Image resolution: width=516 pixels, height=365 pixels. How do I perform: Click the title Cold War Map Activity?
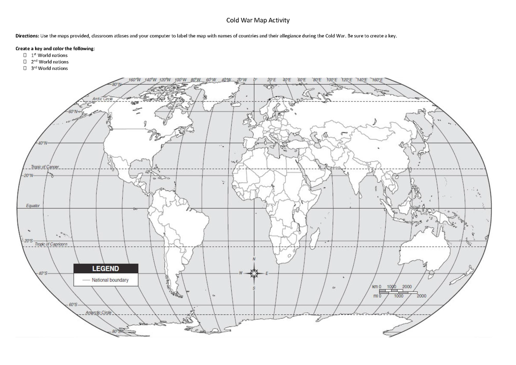click(x=258, y=20)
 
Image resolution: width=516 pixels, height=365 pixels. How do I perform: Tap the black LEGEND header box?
click(x=106, y=269)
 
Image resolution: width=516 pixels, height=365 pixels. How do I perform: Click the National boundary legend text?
click(x=110, y=280)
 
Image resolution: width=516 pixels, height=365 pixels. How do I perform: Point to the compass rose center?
click(x=254, y=273)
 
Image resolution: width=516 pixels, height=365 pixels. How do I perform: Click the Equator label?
click(x=33, y=205)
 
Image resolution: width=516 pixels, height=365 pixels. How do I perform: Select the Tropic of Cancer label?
click(x=45, y=167)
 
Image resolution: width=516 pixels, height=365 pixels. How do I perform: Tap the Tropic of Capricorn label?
click(x=51, y=244)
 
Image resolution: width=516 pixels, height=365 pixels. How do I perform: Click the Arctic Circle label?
click(x=103, y=99)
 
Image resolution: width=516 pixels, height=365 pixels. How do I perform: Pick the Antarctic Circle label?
click(x=99, y=312)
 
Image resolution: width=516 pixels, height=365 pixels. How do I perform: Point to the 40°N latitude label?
click(x=43, y=143)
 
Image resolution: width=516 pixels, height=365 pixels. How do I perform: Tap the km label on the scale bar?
click(x=375, y=286)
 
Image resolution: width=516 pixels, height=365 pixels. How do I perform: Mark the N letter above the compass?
click(x=254, y=259)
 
